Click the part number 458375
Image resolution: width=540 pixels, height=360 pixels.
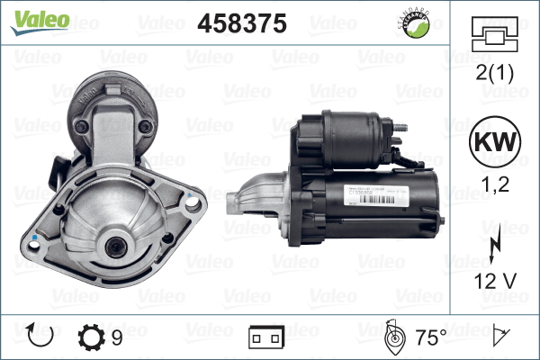click(241, 24)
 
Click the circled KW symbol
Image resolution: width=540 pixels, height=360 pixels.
click(492, 144)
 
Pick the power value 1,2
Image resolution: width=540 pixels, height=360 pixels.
click(492, 184)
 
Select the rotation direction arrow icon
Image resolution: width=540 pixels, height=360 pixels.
click(42, 337)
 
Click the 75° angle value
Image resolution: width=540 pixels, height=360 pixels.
click(430, 337)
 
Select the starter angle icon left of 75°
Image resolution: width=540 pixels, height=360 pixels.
click(393, 337)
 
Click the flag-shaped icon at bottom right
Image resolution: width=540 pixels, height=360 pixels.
click(499, 337)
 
